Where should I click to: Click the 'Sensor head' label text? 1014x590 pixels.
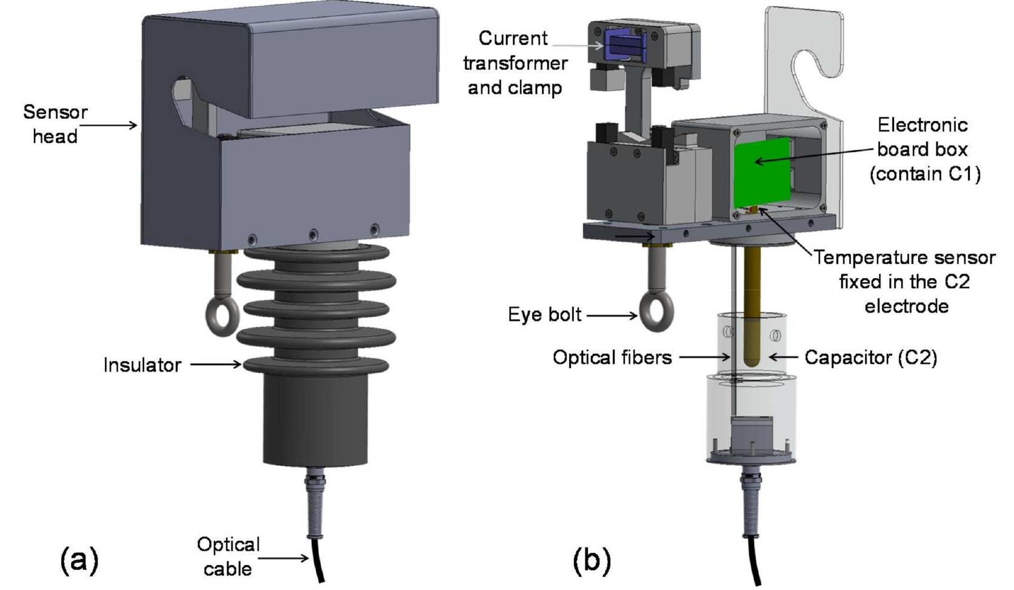(x=55, y=124)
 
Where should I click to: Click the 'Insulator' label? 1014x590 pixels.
(x=142, y=365)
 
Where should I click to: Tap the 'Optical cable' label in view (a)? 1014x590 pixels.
(x=228, y=556)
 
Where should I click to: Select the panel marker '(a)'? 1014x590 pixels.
(x=79, y=560)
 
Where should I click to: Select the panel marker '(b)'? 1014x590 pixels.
(x=591, y=560)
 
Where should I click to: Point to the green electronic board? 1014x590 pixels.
(x=762, y=172)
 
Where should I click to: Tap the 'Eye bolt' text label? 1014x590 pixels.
(x=544, y=314)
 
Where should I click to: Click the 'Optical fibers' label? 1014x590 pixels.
(x=612, y=357)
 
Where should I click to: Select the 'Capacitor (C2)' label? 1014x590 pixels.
(x=870, y=357)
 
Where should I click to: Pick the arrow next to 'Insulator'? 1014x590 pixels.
(x=216, y=365)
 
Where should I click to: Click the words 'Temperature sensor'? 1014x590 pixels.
(x=904, y=257)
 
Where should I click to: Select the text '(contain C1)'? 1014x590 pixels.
(x=925, y=174)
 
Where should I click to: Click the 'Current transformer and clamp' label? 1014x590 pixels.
(x=515, y=63)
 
